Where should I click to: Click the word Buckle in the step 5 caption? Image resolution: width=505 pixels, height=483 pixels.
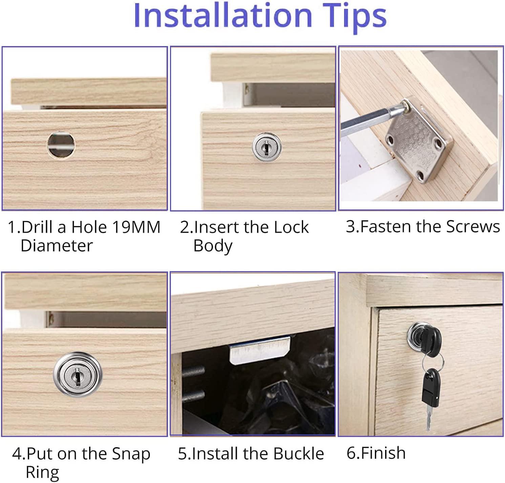pos(298,454)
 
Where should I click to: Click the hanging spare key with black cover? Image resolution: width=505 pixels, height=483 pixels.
pos(430,393)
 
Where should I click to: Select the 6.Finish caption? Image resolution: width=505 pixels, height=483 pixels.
pos(376,453)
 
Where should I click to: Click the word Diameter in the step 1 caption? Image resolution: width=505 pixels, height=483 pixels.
pos(57,245)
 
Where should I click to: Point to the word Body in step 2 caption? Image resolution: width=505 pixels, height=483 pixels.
pos(213,246)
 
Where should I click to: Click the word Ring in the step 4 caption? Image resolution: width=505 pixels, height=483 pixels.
pos(42,472)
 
